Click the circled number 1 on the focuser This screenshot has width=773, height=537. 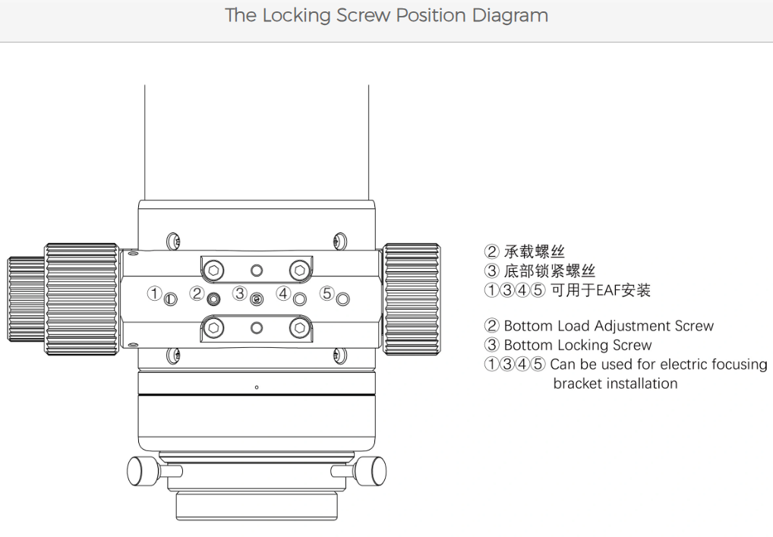154,292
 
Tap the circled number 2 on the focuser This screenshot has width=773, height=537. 197,292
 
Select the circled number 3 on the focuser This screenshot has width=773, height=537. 240,292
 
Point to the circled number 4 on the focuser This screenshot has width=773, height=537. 283,292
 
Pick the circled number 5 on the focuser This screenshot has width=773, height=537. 327,292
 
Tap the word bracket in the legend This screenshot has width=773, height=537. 579,384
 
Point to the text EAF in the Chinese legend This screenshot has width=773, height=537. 608,290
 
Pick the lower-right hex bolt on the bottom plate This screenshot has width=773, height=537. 300,327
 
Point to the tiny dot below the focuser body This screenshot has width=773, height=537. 257,387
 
